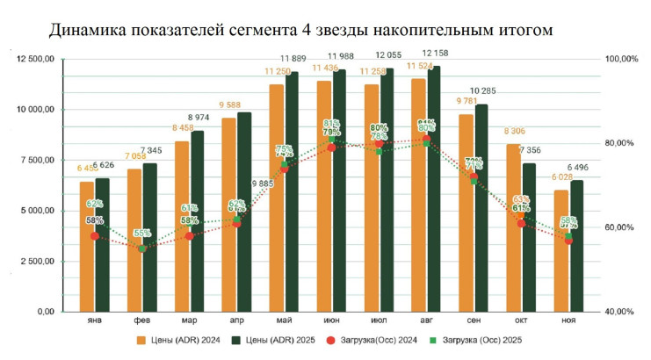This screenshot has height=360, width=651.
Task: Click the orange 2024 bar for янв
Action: pos(86,247)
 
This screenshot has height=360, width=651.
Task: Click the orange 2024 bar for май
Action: pos(276,198)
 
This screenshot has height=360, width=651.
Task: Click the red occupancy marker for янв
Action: pos(95,236)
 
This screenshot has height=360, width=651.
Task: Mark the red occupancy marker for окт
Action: pos(522,223)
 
